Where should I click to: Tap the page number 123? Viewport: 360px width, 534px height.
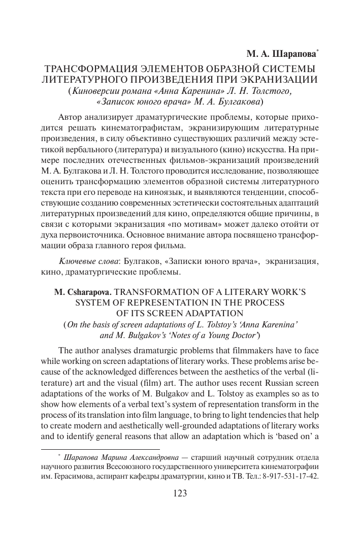click(x=181, y=493)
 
